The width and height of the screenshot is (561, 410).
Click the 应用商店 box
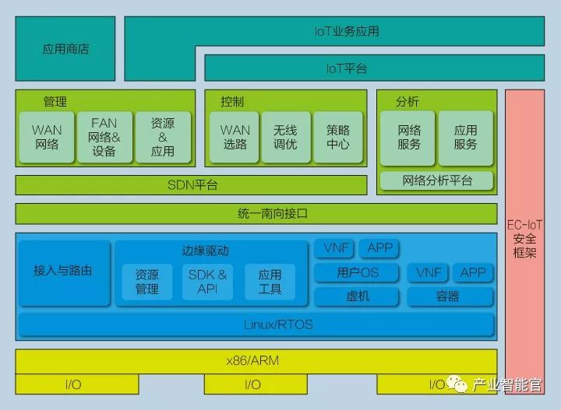click(x=65, y=49)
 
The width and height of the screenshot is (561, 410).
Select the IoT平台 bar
click(x=347, y=68)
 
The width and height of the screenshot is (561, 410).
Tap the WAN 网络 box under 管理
click(x=47, y=138)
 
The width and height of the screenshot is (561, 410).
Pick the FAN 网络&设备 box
click(x=104, y=138)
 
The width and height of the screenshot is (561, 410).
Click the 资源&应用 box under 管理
click(x=162, y=138)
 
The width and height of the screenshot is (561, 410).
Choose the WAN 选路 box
click(x=235, y=138)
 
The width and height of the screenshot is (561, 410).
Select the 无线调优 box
click(x=285, y=138)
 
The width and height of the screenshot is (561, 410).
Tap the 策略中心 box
click(x=338, y=138)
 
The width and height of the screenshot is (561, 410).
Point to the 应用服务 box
click(x=465, y=138)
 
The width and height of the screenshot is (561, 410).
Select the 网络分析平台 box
click(x=437, y=181)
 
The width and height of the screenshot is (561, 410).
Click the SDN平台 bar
click(x=192, y=185)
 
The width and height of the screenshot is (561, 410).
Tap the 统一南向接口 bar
click(x=256, y=213)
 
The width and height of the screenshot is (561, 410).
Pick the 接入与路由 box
click(x=64, y=272)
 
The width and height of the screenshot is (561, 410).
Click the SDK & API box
click(x=208, y=282)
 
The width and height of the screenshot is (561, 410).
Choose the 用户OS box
click(x=358, y=272)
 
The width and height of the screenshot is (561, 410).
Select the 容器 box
click(x=450, y=296)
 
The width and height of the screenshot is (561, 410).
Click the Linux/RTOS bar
click(x=256, y=324)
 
